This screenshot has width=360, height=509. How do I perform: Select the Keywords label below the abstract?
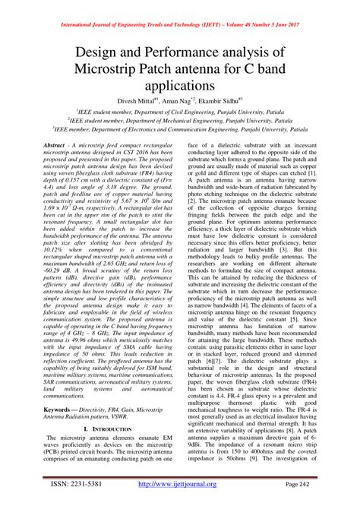tap(60, 409)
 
